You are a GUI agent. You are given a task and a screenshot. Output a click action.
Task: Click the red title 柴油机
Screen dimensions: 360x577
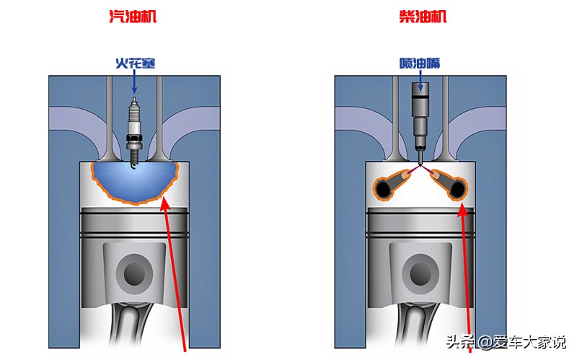click(423, 17)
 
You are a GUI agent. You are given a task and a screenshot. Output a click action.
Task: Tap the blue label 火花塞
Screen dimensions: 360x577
click(135, 63)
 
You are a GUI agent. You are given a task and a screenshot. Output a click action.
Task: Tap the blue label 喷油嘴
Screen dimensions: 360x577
click(420, 63)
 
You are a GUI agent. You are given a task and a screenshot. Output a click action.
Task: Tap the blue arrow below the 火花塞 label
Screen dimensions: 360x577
click(134, 83)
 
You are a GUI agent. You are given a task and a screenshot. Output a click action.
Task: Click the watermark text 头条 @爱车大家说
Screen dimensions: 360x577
click(506, 341)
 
